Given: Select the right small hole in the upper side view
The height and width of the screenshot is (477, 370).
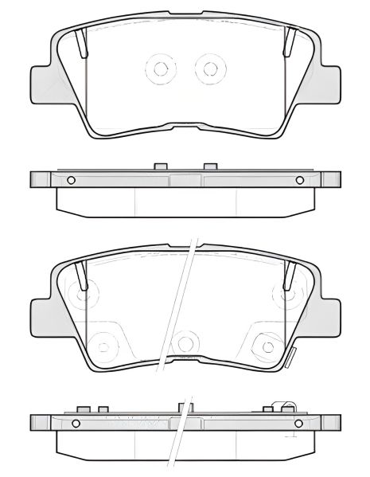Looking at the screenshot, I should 301,179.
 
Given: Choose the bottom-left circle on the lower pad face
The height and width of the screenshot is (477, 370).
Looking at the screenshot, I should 101,343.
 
